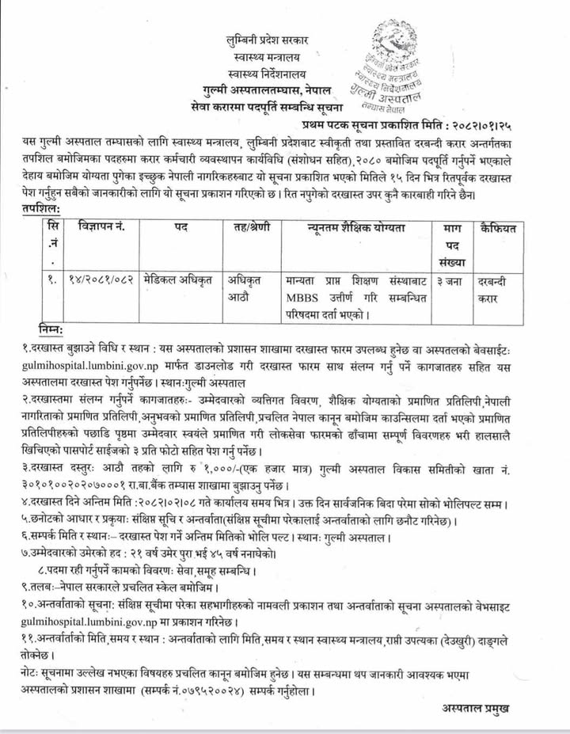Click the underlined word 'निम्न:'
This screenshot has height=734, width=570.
point(53,329)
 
